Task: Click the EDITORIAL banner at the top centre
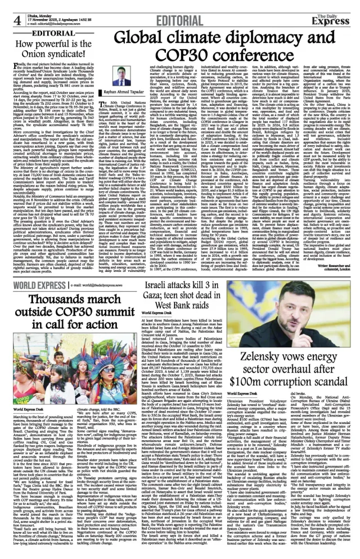pos(179,10)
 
